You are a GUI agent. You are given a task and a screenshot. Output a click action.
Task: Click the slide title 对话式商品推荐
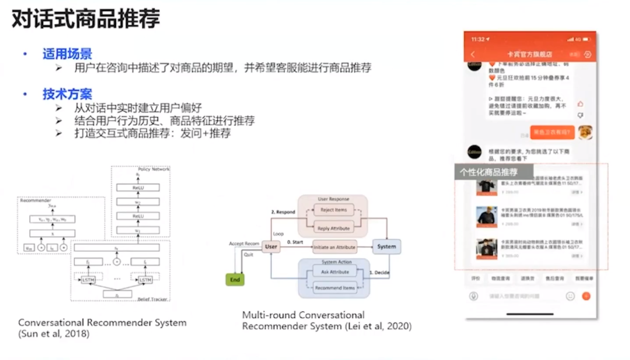coord(86,19)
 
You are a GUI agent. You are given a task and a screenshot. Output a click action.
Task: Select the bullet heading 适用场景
coord(67,54)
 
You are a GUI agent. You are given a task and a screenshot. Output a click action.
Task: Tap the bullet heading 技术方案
coord(67,94)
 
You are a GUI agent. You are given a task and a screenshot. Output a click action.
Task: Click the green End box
coord(235,279)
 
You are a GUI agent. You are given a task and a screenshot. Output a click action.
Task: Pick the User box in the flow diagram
coord(271,247)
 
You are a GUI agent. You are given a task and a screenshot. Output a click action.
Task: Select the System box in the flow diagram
coord(387,247)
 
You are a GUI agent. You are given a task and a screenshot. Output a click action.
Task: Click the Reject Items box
coord(334,210)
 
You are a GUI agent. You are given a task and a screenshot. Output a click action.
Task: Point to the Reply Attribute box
coord(334,228)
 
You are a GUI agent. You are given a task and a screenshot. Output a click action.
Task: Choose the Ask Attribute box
coord(334,271)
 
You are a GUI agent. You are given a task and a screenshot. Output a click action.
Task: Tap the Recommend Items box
coord(334,288)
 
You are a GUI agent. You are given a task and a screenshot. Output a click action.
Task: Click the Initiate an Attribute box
coord(334,247)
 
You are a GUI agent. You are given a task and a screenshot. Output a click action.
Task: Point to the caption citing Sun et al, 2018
coord(103,328)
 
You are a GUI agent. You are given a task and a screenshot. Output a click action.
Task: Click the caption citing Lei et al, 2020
coord(327,321)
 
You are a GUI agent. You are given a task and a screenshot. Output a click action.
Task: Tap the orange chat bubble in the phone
coord(552,132)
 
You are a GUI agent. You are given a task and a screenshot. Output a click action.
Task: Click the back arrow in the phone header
coord(473,54)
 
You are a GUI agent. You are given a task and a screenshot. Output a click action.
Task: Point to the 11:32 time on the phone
coord(478,39)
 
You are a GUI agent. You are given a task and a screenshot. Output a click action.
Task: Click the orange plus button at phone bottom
coord(586,296)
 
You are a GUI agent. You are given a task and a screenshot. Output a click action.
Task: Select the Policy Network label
coord(153,169)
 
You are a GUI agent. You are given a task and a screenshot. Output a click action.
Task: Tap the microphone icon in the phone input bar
coord(474,296)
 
